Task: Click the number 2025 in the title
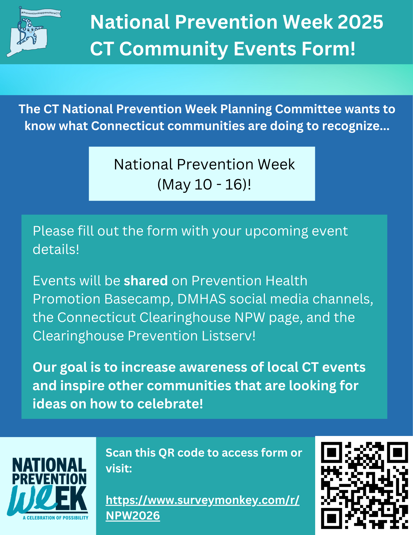tap(360, 22)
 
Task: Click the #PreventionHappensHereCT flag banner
tap(40, 13)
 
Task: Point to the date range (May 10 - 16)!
tap(204, 184)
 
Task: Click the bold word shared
tap(146, 281)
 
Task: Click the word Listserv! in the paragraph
tap(229, 336)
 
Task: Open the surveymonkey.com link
tap(202, 500)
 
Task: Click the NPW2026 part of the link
tap(133, 516)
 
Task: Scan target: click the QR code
tap(364, 485)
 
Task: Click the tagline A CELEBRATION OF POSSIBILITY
tap(55, 518)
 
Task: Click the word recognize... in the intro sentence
tap(356, 126)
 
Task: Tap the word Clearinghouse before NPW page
tap(185, 317)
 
